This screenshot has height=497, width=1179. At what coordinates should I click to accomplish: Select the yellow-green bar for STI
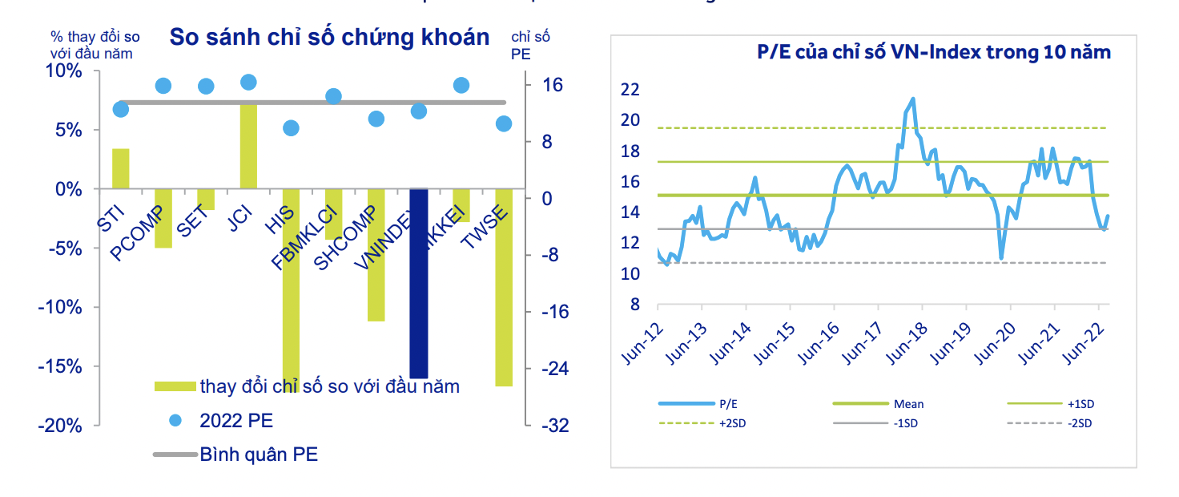(x=121, y=168)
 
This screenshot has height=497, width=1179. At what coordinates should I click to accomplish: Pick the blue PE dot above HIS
(x=291, y=128)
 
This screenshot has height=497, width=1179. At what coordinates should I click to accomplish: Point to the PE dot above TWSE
(x=504, y=123)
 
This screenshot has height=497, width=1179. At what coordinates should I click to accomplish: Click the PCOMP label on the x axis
(x=137, y=232)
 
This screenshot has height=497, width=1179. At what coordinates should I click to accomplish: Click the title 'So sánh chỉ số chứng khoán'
(x=328, y=37)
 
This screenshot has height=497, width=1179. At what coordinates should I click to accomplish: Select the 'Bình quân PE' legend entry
(x=258, y=455)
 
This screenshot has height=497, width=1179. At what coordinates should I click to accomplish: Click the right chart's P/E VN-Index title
(x=934, y=53)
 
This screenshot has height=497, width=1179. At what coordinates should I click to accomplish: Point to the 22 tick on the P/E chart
(x=630, y=90)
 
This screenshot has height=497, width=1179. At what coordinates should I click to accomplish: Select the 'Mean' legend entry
(x=909, y=405)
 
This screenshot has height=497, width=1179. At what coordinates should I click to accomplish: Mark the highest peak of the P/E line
(x=913, y=99)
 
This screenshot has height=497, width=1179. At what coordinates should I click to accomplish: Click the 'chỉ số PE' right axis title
(x=530, y=45)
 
